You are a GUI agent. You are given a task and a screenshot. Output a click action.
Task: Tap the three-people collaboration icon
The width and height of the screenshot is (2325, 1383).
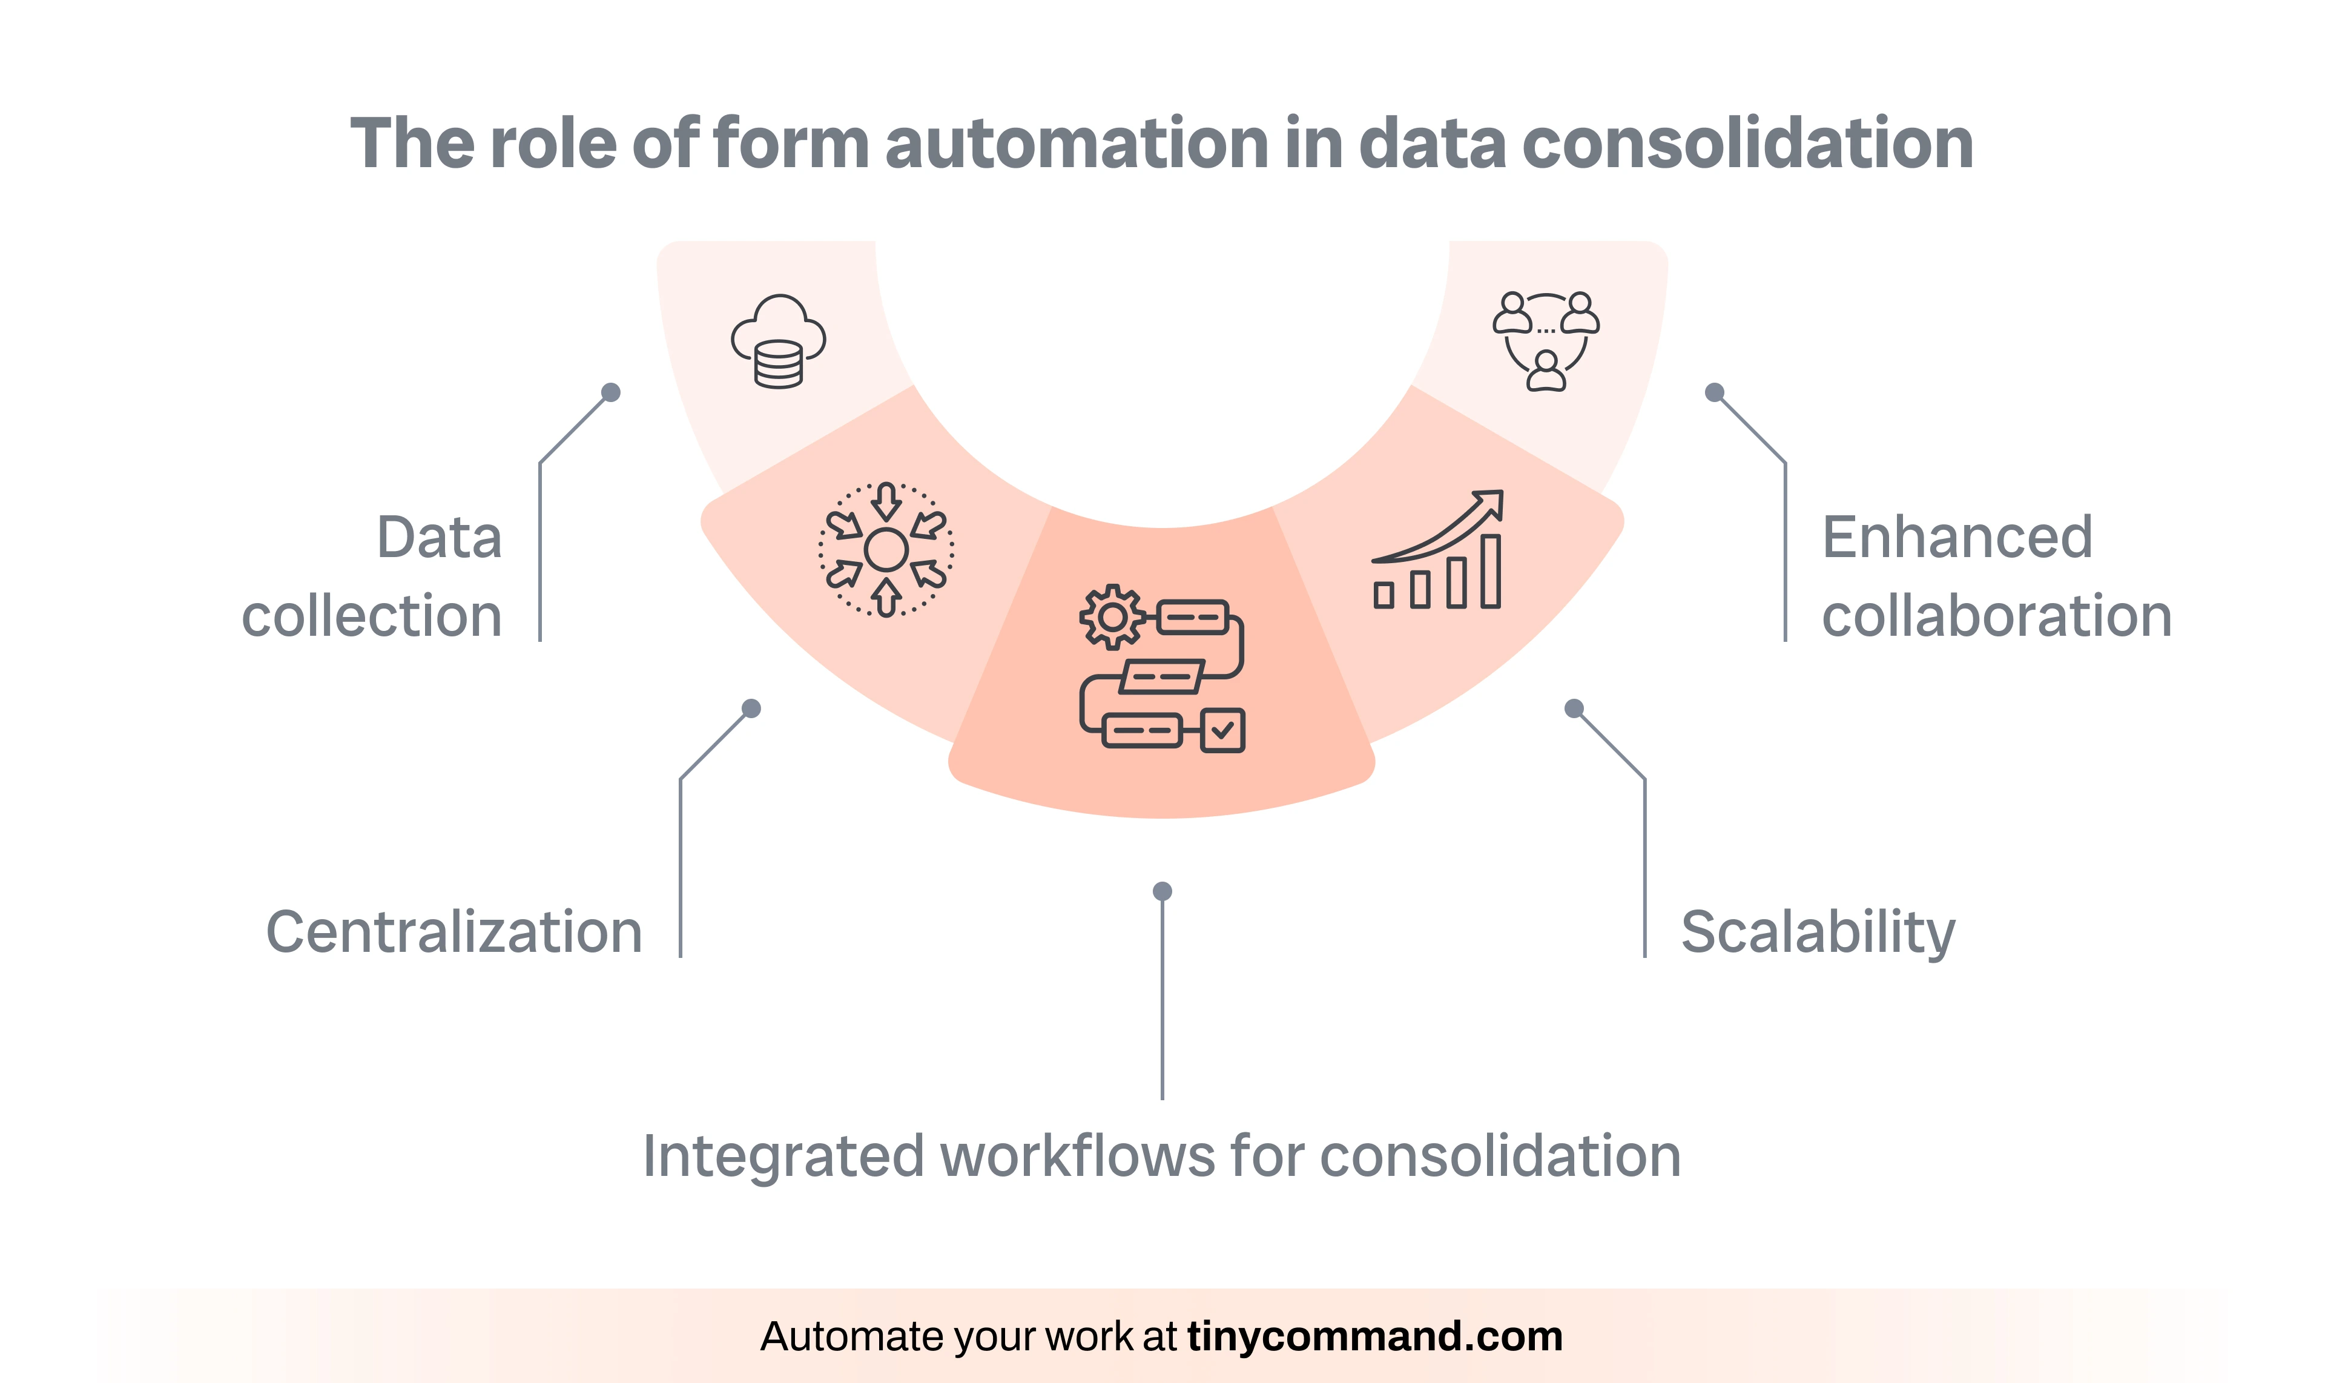pyautogui.click(x=1546, y=341)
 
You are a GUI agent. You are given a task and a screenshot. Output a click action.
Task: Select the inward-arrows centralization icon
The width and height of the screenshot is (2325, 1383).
pyautogui.click(x=886, y=550)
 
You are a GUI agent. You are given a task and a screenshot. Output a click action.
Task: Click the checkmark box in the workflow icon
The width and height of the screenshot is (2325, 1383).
pyautogui.click(x=1222, y=731)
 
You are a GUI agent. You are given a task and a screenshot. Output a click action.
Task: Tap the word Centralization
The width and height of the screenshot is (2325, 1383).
pyautogui.click(x=454, y=932)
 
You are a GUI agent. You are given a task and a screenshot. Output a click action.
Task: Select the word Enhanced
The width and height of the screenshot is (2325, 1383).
pyautogui.click(x=1957, y=538)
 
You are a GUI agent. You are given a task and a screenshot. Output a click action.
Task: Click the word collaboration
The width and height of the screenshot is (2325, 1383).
pyautogui.click(x=1997, y=616)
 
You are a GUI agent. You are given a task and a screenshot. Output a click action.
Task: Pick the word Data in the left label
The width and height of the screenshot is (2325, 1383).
pyautogui.click(x=439, y=538)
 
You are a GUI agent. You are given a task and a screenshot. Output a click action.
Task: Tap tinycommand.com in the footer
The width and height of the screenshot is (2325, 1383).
pyautogui.click(x=1374, y=1336)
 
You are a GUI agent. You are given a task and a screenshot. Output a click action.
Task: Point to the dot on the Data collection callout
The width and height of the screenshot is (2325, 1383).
pyautogui.click(x=612, y=392)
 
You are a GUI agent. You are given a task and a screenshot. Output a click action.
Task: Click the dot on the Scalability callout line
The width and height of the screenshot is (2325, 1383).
pyautogui.click(x=1574, y=709)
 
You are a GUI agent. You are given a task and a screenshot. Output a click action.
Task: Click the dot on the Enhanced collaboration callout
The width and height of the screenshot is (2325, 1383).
pyautogui.click(x=1713, y=392)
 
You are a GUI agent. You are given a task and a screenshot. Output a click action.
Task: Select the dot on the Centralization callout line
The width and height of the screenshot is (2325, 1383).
pyautogui.click(x=751, y=709)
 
